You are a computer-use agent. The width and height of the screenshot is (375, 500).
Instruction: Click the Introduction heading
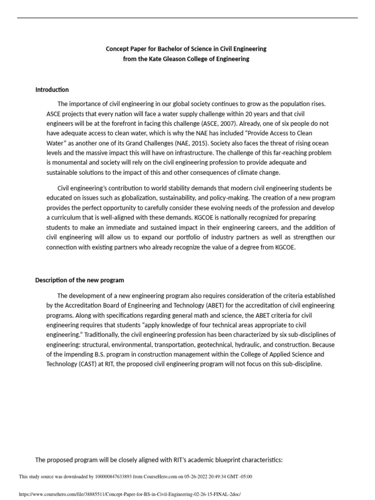(52, 90)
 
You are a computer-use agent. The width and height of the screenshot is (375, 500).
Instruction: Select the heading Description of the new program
(80, 280)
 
